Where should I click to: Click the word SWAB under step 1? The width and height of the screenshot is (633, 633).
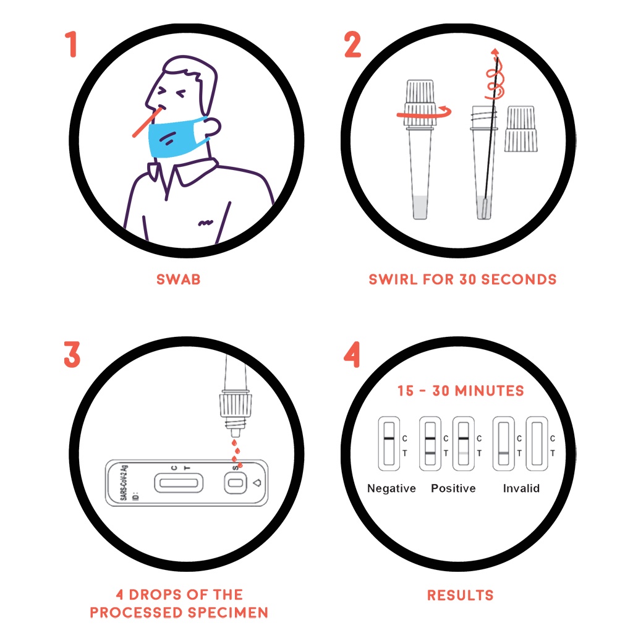(179, 279)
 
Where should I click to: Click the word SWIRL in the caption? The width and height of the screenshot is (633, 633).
(394, 279)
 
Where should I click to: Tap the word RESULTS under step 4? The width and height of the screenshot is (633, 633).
(461, 595)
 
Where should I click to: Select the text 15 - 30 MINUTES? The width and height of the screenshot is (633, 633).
(461, 391)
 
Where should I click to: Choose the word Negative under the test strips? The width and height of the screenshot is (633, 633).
(391, 488)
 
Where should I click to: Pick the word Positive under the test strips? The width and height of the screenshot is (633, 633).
(453, 488)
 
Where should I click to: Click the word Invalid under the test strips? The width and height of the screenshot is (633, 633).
(521, 488)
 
